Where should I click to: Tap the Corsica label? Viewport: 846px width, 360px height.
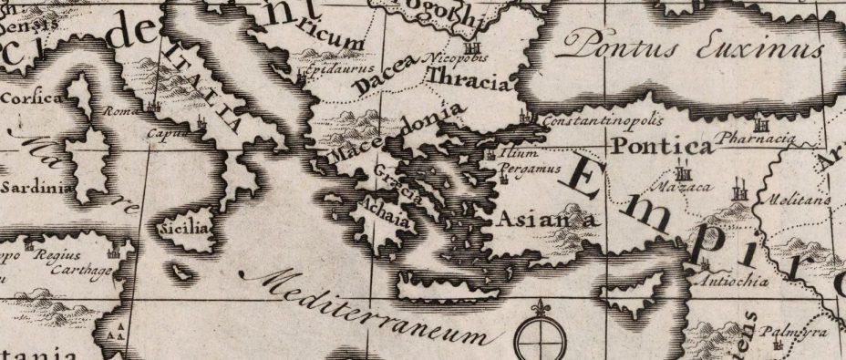click(x=33, y=98)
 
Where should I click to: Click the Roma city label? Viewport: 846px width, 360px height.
click(x=120, y=111)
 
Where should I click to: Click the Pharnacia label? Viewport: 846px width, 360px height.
click(x=757, y=139)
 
